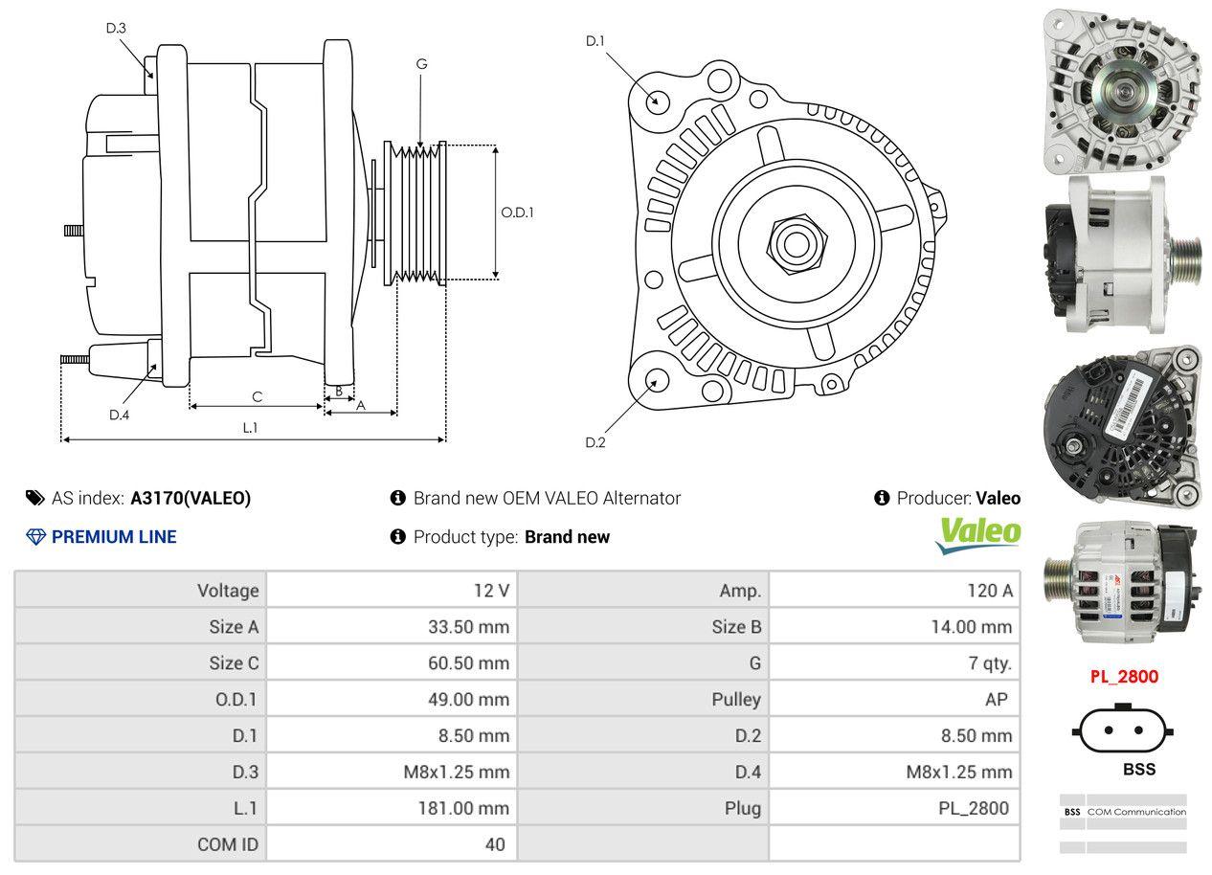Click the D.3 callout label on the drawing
point(116,28)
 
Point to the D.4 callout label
point(119,415)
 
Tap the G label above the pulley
point(421,64)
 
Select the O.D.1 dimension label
point(517,213)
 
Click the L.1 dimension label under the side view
point(250,428)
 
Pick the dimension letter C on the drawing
point(257,396)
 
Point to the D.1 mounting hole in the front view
point(657,100)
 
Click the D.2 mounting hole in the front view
point(657,380)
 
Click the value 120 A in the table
point(989,591)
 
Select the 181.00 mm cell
point(463,808)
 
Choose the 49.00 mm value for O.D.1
point(468,699)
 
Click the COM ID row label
point(227,844)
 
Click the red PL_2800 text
point(1124,677)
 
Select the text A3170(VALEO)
point(191,498)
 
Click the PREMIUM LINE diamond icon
point(36,537)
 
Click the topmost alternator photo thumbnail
point(1121,90)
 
